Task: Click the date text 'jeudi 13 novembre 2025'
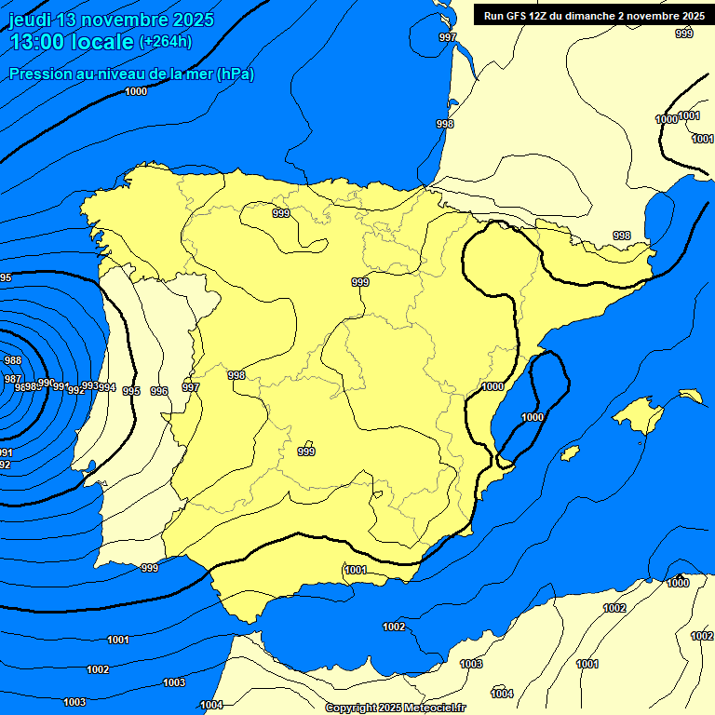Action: (110, 20)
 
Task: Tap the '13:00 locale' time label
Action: (71, 42)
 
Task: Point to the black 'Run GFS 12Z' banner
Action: (593, 15)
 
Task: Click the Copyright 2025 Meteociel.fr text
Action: (396, 708)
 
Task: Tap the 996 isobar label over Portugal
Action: (159, 391)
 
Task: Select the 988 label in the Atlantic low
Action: (12, 360)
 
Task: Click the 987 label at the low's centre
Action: (12, 379)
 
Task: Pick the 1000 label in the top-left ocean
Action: (136, 91)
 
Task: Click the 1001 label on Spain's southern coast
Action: (355, 570)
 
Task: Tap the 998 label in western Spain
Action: (236, 375)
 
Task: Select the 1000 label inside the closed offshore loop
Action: (532, 417)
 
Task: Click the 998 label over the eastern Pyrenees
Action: (621, 236)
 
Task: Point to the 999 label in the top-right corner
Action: (683, 34)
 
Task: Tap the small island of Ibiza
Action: (570, 453)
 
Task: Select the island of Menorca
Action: (691, 396)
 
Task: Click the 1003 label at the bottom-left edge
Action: (74, 702)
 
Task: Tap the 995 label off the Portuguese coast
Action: (131, 391)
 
